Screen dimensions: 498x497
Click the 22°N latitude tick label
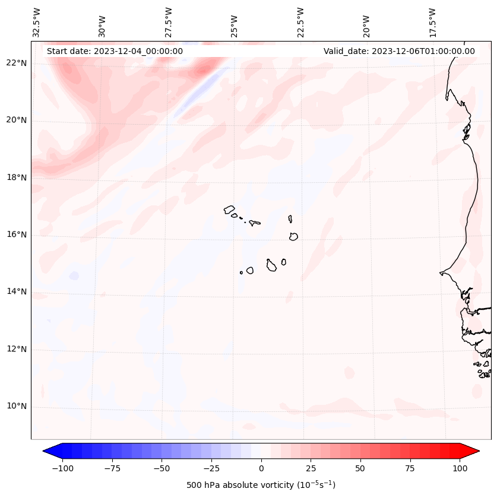[x=17, y=64]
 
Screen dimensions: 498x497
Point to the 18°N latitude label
[x=17, y=177]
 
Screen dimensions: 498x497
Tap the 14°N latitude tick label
[x=17, y=291]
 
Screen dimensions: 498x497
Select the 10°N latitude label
[x=17, y=406]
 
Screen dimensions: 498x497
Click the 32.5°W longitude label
[x=37, y=22]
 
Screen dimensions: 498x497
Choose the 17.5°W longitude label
[x=432, y=22]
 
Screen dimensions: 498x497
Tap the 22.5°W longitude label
[x=300, y=22]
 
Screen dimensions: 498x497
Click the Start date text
[x=115, y=51]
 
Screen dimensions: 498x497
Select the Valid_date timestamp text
[x=399, y=51]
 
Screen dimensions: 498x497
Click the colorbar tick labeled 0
[x=261, y=468]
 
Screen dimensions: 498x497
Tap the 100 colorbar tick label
[x=460, y=468]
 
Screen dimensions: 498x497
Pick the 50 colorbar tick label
[x=360, y=468]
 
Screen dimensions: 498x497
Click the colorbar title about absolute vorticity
[x=261, y=485]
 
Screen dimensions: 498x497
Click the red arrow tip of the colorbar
[x=473, y=452]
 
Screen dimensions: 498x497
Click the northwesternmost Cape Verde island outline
[x=229, y=210]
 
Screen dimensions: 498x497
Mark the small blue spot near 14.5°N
[x=74, y=276]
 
